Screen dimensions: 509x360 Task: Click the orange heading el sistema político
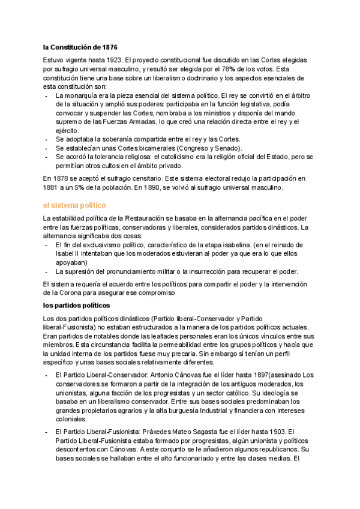(x=74, y=205)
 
